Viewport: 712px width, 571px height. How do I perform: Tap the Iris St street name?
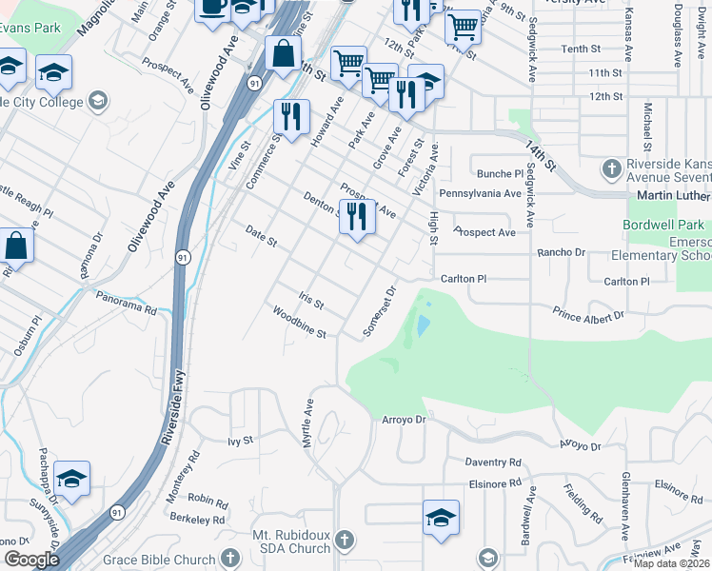coord(312,301)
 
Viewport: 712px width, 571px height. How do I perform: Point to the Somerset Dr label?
coord(379,311)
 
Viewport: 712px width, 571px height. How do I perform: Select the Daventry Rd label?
coord(493,462)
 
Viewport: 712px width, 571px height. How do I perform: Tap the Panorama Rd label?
coord(127,302)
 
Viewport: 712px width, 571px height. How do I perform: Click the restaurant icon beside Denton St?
coord(357,215)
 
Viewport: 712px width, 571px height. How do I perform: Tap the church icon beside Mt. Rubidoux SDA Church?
coord(345,541)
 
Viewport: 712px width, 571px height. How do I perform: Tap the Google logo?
coord(30,560)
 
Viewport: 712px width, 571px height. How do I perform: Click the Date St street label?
coord(261,236)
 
